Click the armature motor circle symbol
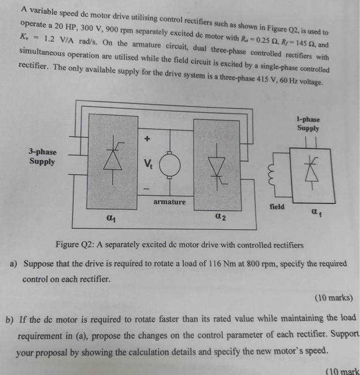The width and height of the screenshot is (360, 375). point(170,165)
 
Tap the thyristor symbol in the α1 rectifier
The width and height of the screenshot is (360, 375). point(113,160)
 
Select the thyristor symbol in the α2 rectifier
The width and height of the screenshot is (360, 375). point(217,167)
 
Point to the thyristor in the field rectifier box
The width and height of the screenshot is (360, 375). point(312,172)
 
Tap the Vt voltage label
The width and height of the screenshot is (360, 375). point(148,163)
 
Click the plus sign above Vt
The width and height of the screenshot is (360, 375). point(147,138)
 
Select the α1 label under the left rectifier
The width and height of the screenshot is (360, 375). point(111,218)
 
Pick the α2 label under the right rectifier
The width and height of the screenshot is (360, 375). point(220,216)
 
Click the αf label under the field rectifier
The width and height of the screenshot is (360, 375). point(317,212)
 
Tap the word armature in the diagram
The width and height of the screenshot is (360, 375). point(169,202)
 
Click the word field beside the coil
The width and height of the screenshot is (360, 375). point(277,206)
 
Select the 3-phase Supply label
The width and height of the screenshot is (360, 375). point(42,156)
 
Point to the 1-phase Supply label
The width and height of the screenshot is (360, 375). point(308,124)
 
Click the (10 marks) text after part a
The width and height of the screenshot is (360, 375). point(334,298)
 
